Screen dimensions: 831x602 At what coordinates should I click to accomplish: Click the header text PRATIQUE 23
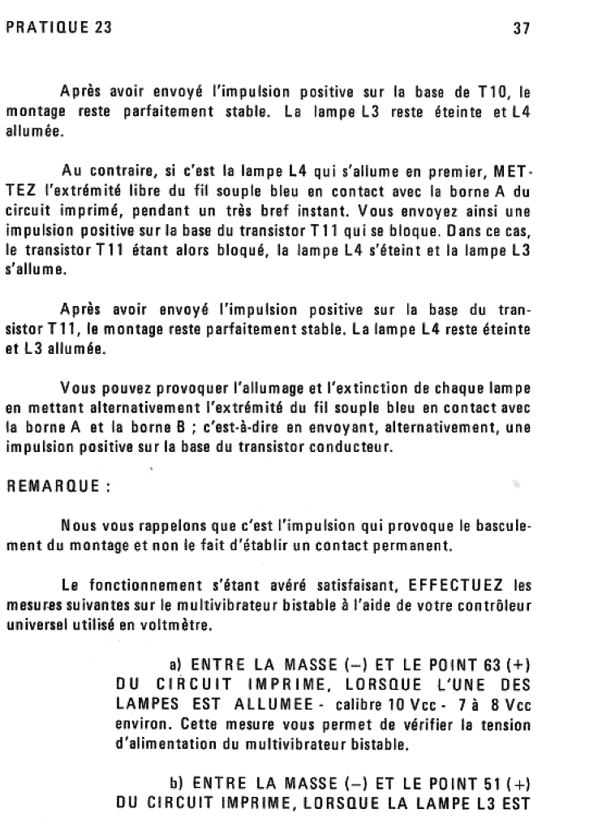click(58, 28)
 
